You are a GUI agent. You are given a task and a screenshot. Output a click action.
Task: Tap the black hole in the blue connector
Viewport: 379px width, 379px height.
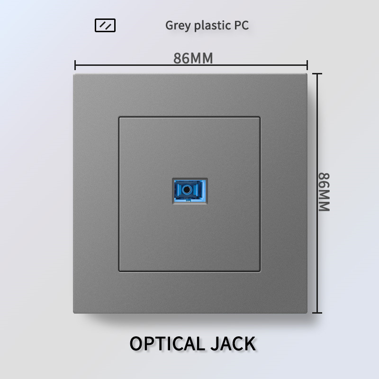(189, 190)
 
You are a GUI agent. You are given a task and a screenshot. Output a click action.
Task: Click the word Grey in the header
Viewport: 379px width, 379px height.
(178, 26)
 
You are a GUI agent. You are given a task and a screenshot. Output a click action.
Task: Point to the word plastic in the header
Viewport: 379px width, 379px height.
(210, 26)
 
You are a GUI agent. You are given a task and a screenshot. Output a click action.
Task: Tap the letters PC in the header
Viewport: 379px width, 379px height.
(241, 25)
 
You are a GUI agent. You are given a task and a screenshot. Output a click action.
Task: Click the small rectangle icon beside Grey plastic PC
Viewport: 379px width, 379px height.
(105, 25)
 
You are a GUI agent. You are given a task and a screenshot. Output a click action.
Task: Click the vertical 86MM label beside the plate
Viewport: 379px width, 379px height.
(324, 191)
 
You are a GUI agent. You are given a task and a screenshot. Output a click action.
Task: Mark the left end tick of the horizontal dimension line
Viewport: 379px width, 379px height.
(75, 65)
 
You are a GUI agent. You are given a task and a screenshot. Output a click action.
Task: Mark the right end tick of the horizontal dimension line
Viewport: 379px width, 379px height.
(307, 65)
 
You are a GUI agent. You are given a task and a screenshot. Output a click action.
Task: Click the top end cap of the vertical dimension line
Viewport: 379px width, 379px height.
(317, 74)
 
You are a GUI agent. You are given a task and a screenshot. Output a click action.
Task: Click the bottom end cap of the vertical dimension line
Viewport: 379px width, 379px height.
(317, 313)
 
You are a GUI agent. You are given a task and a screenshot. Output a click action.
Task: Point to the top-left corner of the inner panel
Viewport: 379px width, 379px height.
(119, 117)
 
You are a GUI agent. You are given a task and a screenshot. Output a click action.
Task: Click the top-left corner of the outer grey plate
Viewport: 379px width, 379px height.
(74, 74)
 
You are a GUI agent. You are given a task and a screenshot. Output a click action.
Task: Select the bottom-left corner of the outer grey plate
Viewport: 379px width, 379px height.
(74, 312)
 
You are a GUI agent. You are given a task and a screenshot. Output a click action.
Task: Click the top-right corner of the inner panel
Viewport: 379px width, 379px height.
(260, 117)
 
